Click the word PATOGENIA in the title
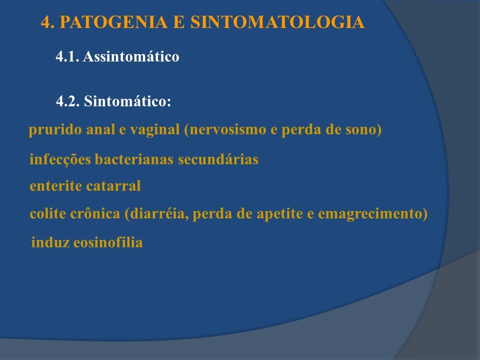(113, 22)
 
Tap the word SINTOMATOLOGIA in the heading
(277, 22)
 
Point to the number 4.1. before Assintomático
(67, 56)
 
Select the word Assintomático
(131, 56)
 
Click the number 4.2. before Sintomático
(67, 101)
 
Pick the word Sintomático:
(127, 101)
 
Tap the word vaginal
(155, 130)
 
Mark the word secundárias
(218, 159)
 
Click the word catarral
(113, 186)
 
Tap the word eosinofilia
(108, 242)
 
